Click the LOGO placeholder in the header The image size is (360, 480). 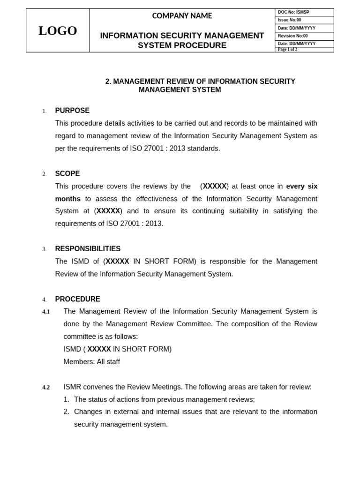coord(58,30)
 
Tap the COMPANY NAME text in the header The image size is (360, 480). coord(182,16)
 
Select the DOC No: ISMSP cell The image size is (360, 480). coord(293,12)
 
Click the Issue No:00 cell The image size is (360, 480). coord(289,20)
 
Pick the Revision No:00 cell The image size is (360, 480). coord(293,36)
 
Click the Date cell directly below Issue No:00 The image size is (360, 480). coord(296,28)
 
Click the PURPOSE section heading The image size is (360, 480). coord(72,111)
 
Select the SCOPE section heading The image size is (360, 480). coord(67,173)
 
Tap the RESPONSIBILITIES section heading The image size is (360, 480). coord(88,249)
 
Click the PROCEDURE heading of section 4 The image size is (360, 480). coord(77,299)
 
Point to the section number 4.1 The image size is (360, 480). coord(46,312)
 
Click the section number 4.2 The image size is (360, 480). coord(46,387)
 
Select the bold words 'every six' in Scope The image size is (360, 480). coord(301,186)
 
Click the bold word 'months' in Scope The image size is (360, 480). coord(68,199)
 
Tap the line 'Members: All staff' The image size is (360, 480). coord(91,362)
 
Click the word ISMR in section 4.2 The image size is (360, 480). coord(72,387)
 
